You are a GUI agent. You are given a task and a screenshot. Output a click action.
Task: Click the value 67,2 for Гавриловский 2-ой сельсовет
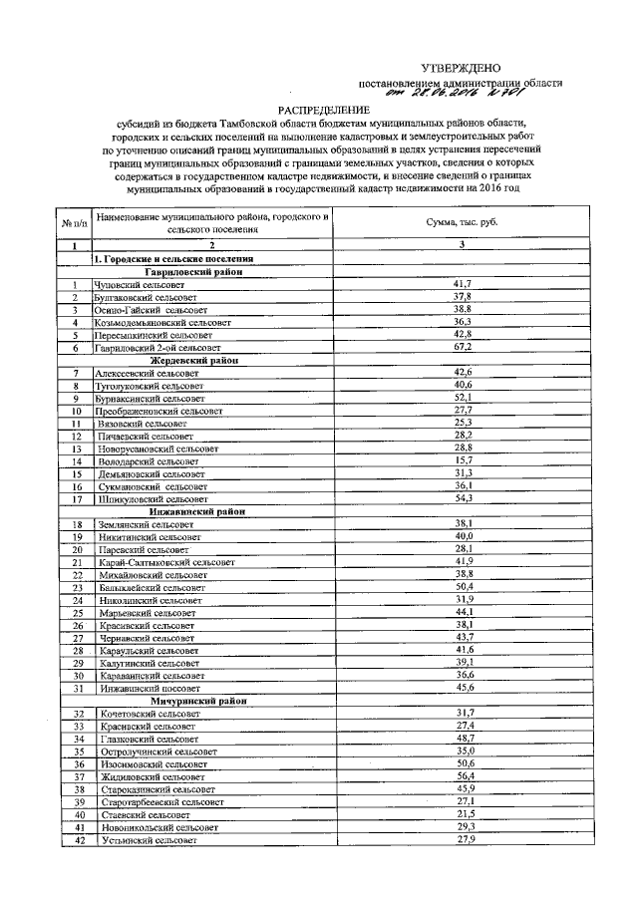pyautogui.click(x=462, y=347)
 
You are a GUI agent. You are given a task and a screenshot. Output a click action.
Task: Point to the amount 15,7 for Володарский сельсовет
pyautogui.click(x=462, y=460)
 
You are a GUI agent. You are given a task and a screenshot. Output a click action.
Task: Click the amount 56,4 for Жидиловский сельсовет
pyautogui.click(x=462, y=775)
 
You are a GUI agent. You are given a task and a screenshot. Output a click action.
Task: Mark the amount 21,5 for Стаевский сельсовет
pyautogui.click(x=462, y=814)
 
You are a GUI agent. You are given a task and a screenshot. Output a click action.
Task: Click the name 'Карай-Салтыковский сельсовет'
pyautogui.click(x=165, y=561)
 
